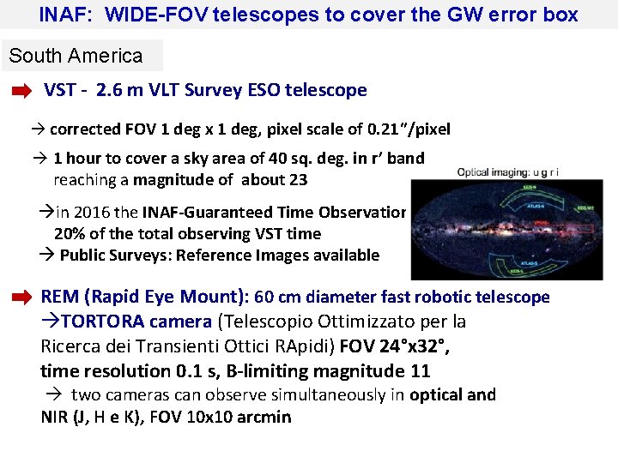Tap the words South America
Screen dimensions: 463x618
coord(76,57)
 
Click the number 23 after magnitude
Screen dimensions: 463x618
coord(298,180)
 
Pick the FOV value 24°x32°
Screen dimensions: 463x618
coord(413,346)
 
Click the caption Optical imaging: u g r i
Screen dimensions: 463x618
coord(508,172)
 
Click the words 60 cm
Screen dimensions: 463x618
coord(276,298)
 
